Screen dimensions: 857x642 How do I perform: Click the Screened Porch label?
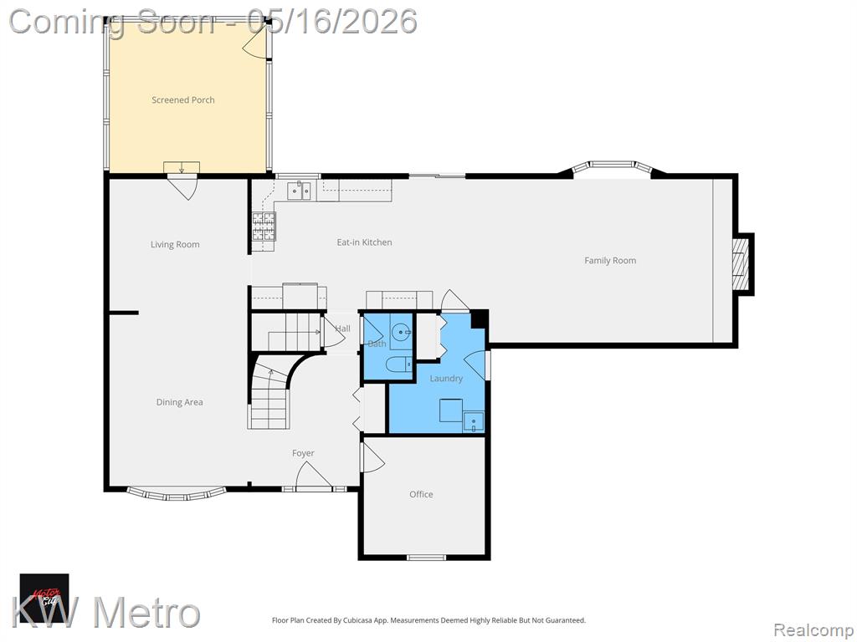coord(183,100)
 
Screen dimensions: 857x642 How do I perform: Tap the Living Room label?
coord(175,245)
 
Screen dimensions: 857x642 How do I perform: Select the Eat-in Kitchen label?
coord(364,242)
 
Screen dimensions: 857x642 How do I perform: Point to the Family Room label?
coord(610,261)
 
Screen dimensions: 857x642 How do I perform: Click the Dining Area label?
coord(179,402)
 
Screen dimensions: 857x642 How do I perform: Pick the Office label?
coord(421,494)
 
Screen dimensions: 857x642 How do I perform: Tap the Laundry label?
coord(446,379)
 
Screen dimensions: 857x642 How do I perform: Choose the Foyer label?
coord(303,453)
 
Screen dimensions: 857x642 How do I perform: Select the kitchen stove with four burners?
coord(264,227)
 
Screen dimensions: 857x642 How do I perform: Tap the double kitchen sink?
coord(299,191)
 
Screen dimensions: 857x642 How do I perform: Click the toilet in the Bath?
coord(399,364)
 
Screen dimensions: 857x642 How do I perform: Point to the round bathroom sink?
coord(403,331)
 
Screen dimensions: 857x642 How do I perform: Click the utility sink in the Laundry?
coord(474,422)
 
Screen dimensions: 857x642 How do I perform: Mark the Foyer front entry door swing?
coord(314,475)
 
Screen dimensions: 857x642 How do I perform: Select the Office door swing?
coord(372,457)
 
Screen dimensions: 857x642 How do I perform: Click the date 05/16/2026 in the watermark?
coord(332,21)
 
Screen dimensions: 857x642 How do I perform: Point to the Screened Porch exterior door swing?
coord(255,40)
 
